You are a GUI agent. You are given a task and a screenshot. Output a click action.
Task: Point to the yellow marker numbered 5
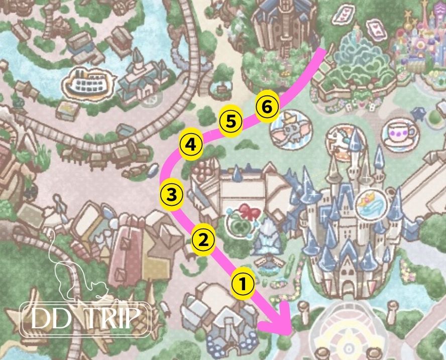point(231,122)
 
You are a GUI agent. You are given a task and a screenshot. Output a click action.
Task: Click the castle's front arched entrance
point(349,286)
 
